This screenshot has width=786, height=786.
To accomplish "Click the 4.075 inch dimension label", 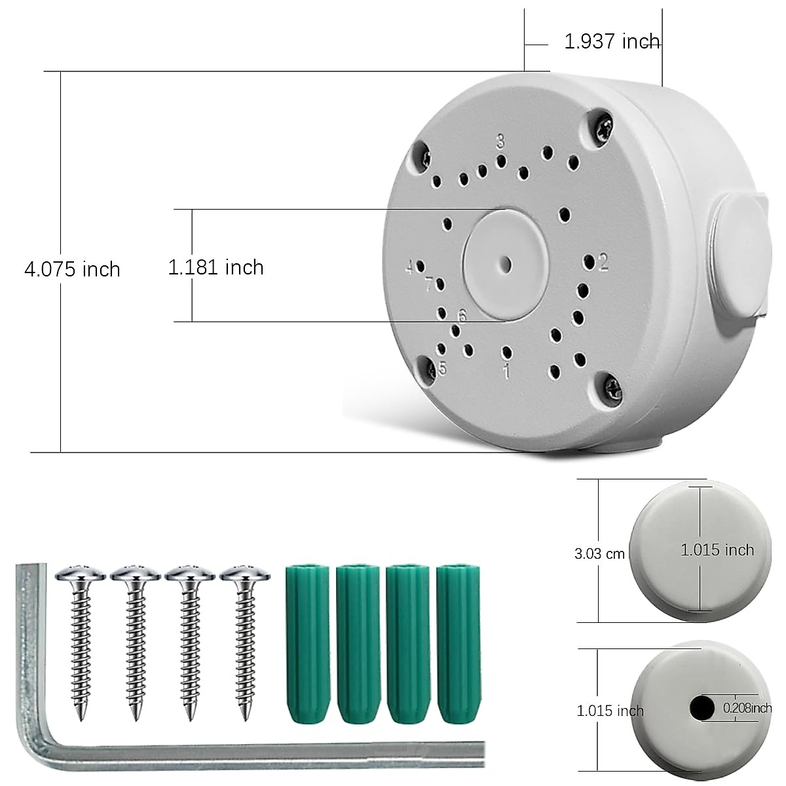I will [72, 269].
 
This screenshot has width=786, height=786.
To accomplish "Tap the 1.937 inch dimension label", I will [612, 42].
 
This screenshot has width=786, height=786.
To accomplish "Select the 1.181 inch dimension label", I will [215, 267].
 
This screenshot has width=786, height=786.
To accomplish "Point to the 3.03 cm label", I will [599, 553].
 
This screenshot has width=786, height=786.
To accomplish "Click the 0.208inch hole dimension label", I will [747, 707].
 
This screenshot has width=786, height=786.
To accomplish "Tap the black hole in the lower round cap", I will [702, 708].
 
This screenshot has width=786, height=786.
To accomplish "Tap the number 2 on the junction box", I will [603, 263].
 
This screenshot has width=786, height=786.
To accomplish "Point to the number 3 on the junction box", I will [500, 141].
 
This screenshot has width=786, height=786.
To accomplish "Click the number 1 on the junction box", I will [506, 372].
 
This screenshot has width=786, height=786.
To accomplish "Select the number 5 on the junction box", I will [443, 368].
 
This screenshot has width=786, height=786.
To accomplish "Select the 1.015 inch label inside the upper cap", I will [717, 550].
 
